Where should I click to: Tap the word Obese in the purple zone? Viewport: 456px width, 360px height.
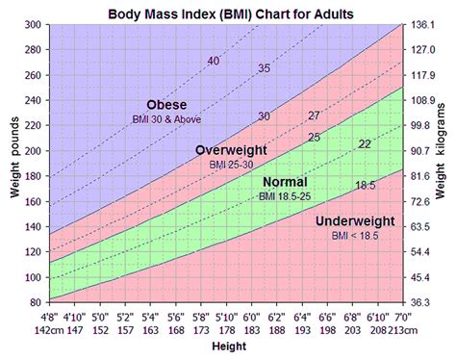[166, 104]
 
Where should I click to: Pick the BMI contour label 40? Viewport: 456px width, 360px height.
[214, 63]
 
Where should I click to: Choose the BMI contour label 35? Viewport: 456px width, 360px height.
[264, 68]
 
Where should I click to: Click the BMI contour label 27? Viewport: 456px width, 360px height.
[314, 116]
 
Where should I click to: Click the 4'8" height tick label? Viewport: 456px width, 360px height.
[50, 317]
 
